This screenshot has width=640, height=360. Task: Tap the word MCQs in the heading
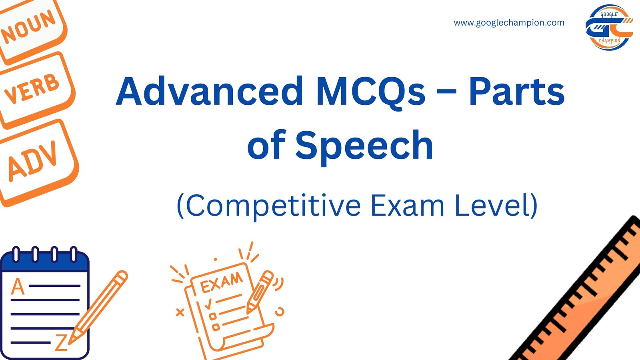coord(370,92)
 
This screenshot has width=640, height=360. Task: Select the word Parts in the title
coord(516,92)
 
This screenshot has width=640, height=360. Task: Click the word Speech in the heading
coord(364,145)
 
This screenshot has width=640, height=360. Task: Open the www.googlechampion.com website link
coord(509,23)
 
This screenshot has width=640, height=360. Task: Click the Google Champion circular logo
coord(609,27)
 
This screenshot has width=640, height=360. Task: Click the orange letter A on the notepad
coord(18,287)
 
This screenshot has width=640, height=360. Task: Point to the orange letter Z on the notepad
coord(61,343)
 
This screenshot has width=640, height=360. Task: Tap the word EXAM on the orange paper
coord(221,282)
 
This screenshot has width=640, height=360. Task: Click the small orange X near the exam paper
coord(180,312)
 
